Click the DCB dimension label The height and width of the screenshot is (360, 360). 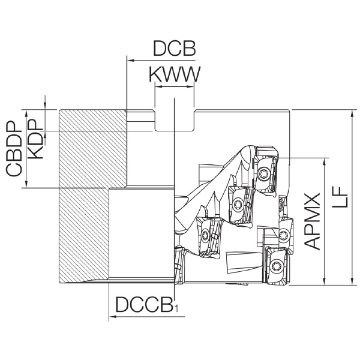tap(174, 49)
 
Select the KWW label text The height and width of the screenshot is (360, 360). tap(175, 74)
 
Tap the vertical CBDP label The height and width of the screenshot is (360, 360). tap(14, 149)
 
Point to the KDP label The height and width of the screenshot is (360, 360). tap(35, 139)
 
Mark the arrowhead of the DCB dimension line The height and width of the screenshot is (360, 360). tap(131, 61)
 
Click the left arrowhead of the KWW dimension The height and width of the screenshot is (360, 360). tap(159, 86)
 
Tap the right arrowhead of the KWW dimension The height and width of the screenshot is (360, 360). tap(190, 86)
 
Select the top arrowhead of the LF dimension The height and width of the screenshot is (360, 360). tap(352, 114)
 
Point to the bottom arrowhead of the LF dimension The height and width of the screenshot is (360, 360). tap(352, 281)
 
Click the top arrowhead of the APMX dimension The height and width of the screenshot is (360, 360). tap(325, 162)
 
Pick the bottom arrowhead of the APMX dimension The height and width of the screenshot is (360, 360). tap(325, 281)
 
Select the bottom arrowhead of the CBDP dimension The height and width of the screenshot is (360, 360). tap(26, 184)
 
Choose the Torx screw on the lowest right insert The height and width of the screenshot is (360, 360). tap(275, 266)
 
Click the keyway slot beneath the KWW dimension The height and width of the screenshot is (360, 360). tap(175, 121)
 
